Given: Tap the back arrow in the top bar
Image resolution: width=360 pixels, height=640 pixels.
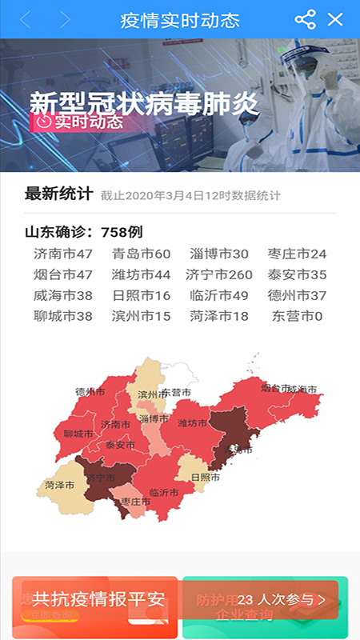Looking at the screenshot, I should (x=26, y=19).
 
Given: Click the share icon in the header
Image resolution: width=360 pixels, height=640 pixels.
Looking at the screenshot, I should (x=305, y=19).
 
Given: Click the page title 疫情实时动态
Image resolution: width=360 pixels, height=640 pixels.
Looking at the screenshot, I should (x=179, y=19).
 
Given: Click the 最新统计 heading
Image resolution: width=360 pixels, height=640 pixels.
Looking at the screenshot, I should (x=58, y=194).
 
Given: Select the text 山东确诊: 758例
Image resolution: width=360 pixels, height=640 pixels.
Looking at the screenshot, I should (x=84, y=233).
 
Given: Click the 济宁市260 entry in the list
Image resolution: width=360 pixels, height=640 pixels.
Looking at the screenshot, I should (x=218, y=275).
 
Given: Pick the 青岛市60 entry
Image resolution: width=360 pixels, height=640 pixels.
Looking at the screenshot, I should (x=141, y=254).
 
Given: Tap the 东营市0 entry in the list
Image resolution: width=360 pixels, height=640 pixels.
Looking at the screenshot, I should (x=297, y=316).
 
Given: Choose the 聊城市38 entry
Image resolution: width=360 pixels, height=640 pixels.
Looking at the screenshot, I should (x=63, y=316).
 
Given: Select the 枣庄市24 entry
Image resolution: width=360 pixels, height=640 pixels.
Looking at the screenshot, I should (x=297, y=254).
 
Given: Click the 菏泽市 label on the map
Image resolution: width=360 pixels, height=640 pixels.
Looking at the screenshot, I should (x=60, y=486).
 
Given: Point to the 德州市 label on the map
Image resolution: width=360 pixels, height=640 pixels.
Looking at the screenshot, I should (x=90, y=392).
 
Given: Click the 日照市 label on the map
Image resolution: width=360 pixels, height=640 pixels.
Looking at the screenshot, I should (x=206, y=478).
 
